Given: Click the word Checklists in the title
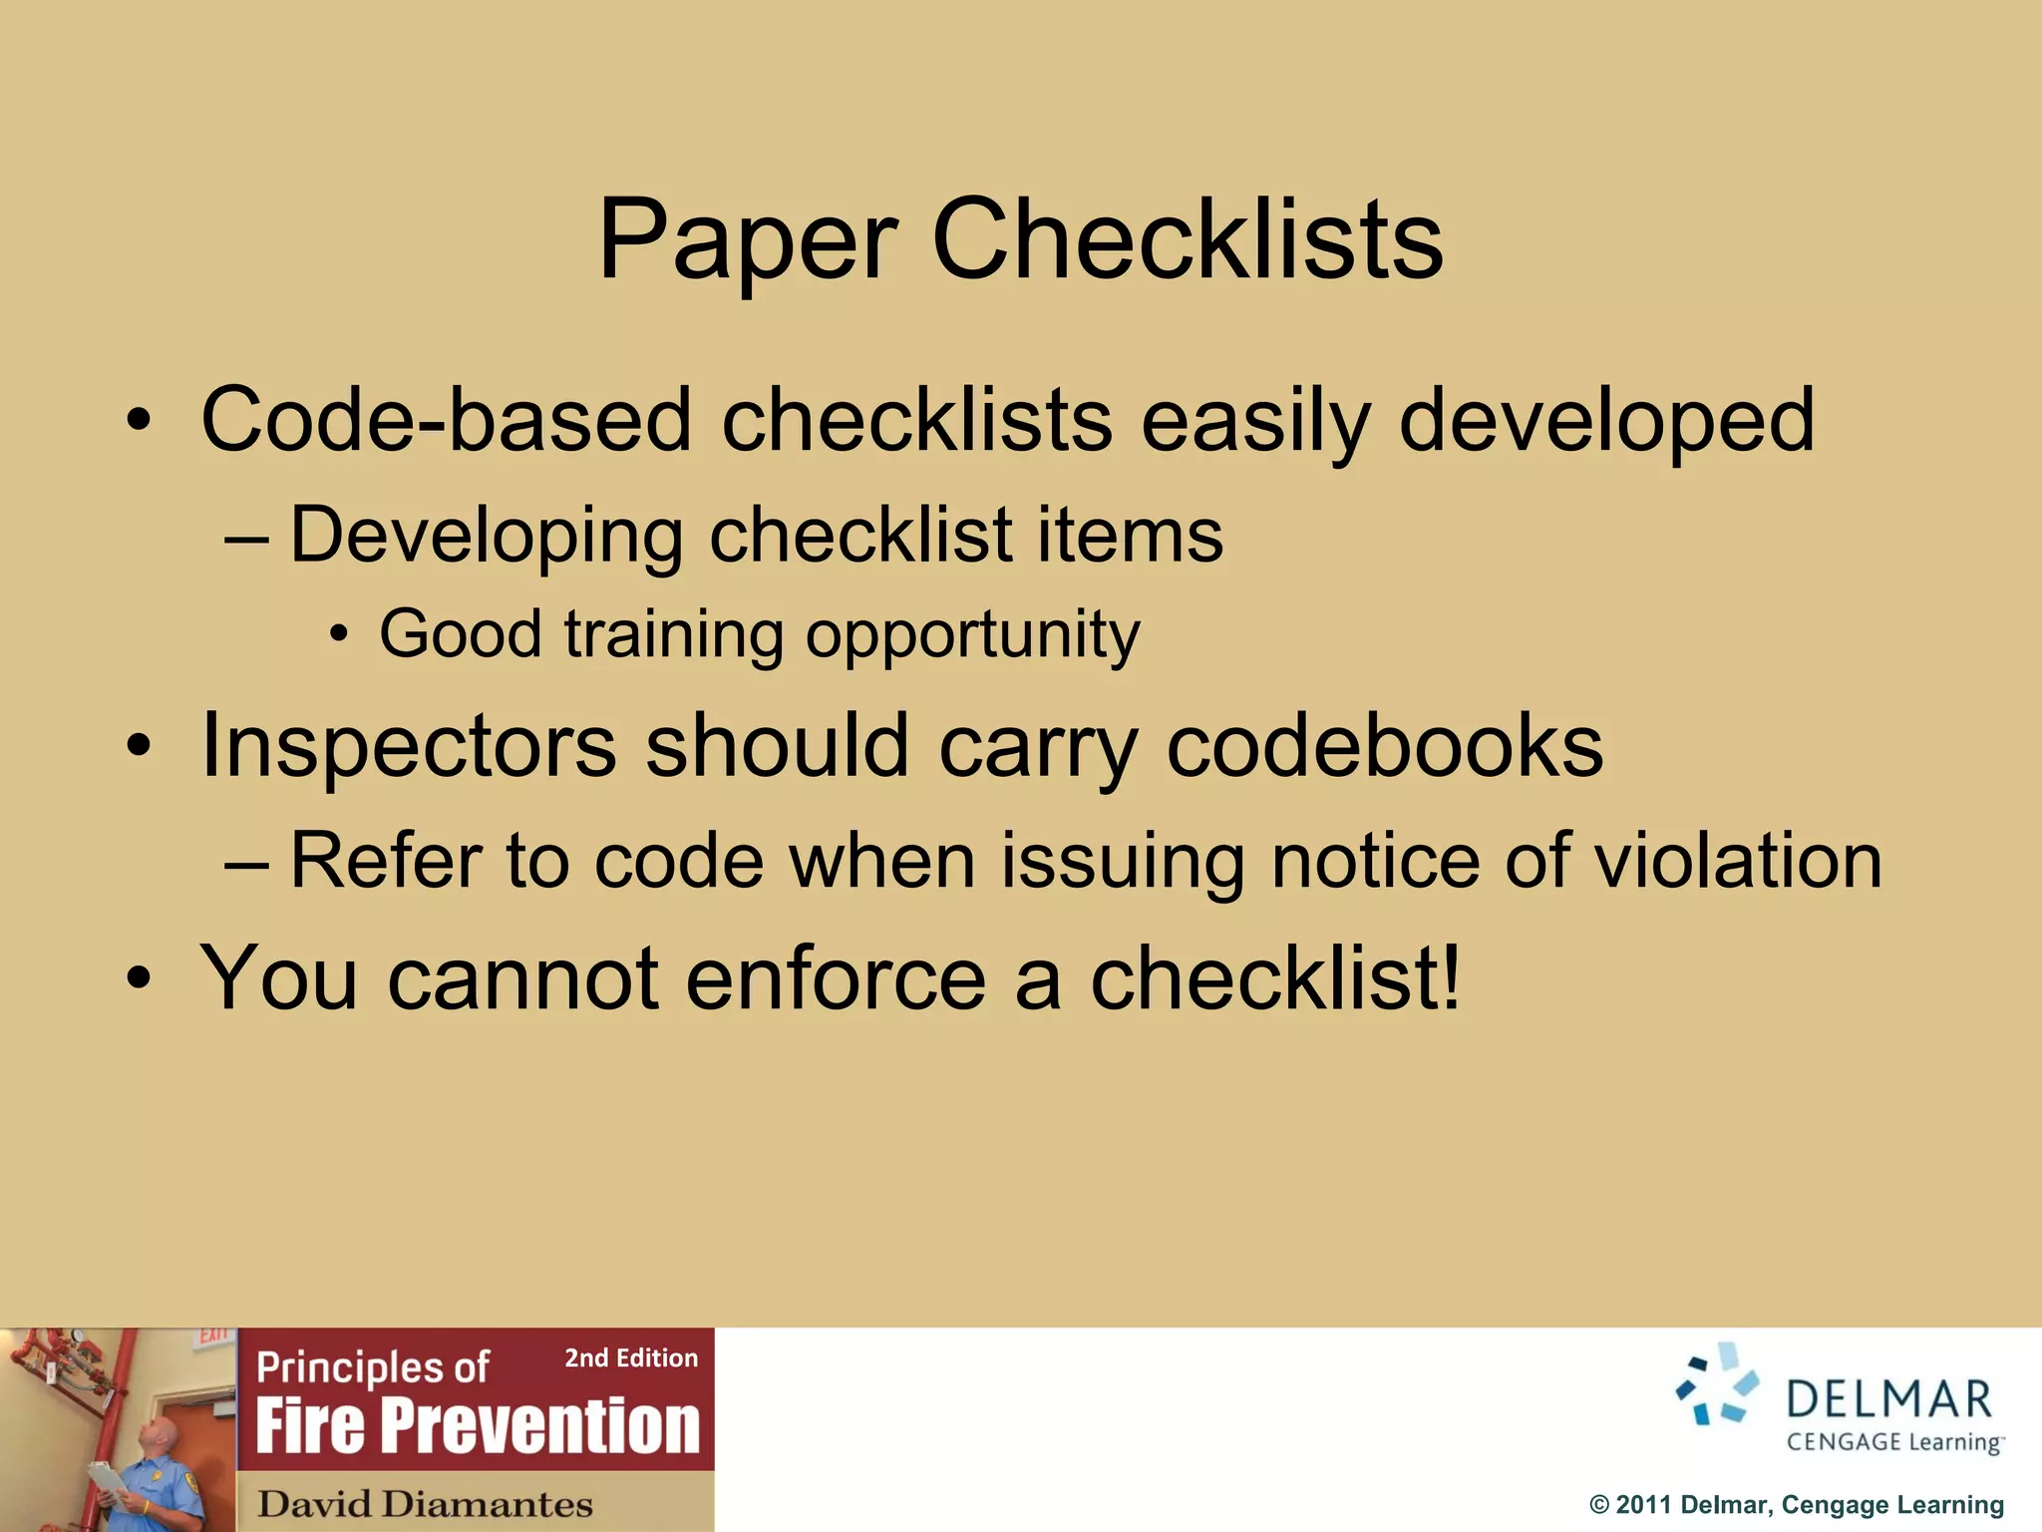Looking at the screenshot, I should coord(1187,240).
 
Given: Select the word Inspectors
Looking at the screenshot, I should coord(409,747).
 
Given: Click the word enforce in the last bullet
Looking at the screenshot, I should coord(836,978).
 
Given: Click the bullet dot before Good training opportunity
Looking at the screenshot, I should coord(340,635).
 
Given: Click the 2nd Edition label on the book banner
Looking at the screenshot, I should coord(631,1357).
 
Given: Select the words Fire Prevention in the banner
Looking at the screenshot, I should coord(478,1425).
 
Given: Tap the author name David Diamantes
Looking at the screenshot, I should coord(425,1503).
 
